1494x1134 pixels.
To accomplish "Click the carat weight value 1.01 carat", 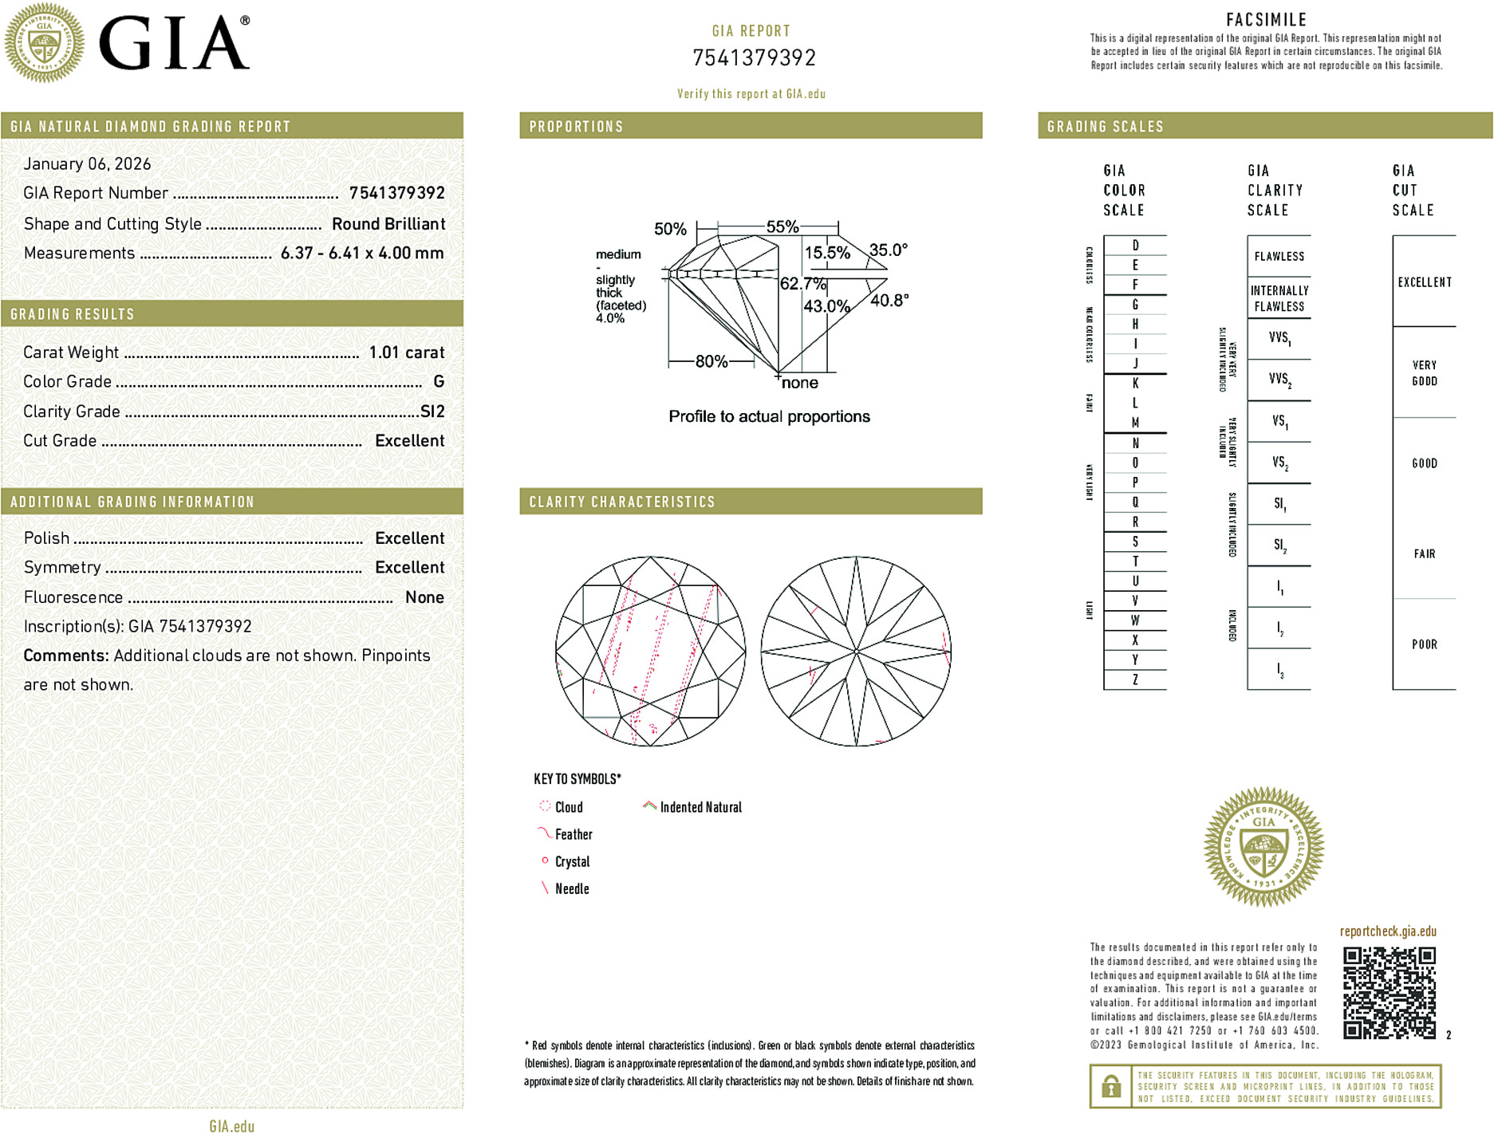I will (406, 352).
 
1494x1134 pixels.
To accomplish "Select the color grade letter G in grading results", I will (438, 382).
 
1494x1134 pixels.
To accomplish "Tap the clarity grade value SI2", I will (432, 411).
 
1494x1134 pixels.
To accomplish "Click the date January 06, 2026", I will (87, 163).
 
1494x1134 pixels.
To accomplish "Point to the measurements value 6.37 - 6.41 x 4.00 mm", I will (361, 254).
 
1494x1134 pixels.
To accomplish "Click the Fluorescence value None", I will (424, 597).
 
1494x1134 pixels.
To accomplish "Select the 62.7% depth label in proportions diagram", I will (802, 284).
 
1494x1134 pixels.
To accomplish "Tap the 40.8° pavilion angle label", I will (889, 301).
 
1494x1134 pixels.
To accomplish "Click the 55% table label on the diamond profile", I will (782, 226).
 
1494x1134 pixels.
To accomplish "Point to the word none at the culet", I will (799, 384).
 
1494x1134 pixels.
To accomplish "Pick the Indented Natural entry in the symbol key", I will (700, 807).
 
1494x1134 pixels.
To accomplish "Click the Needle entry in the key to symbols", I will (571, 888).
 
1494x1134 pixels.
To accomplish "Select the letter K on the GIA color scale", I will (1135, 384).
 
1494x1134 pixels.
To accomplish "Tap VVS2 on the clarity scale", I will (1279, 380).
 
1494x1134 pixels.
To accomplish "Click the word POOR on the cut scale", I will (1424, 644).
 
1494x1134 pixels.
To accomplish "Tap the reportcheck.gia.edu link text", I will (1387, 931).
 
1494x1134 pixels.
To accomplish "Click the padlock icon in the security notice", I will (1110, 1086).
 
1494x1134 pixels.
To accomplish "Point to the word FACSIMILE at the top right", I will (1266, 20).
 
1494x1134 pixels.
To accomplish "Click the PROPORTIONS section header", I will (576, 127).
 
